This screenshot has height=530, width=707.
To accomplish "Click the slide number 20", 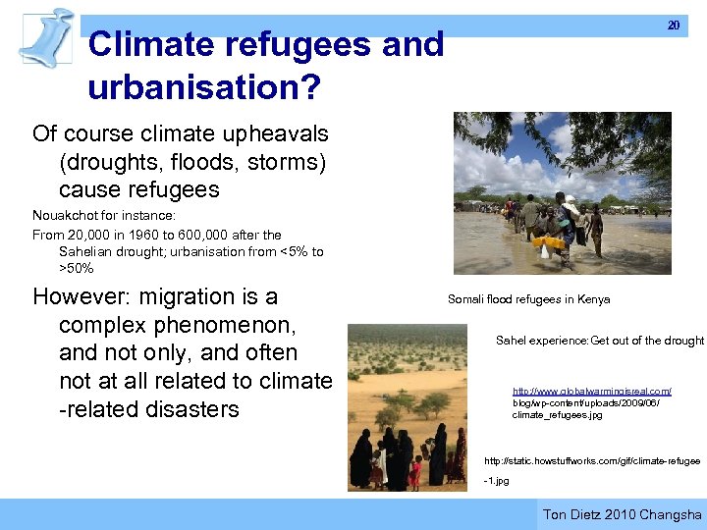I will tap(673, 26).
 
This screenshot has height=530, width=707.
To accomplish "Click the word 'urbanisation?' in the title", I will tap(203, 87).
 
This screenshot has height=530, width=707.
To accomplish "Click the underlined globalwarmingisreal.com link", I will tap(591, 392).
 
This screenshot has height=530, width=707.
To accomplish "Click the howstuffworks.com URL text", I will tap(592, 460).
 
